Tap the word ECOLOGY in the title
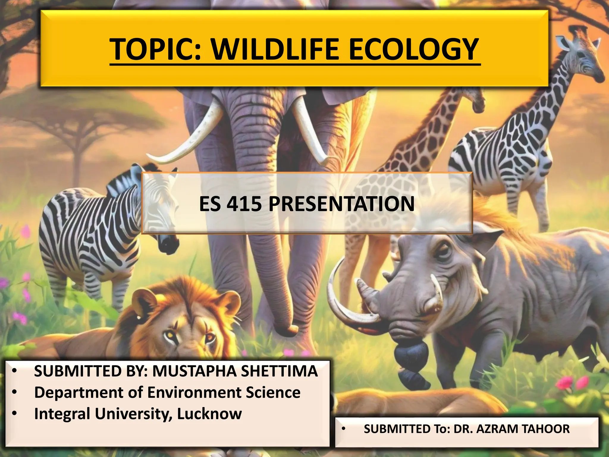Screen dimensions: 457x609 [414, 50]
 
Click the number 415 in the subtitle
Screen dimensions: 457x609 [244, 204]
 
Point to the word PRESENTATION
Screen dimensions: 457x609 [342, 204]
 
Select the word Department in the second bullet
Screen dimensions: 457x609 [79, 393]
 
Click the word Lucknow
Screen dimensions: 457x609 [209, 414]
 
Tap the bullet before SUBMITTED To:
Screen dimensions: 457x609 [343, 429]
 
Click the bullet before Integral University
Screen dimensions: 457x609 [14, 414]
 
